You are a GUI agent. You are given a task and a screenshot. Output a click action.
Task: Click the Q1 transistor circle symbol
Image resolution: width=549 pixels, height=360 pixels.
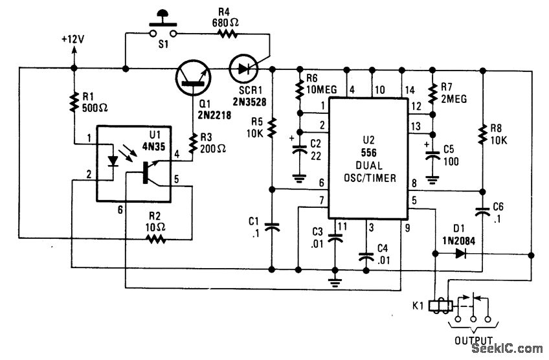click(194, 76)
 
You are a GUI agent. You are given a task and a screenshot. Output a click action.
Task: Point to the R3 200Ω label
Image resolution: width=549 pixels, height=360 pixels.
click(213, 153)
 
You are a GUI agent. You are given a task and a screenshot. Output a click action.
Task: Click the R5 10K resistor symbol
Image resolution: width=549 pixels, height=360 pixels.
click(273, 128)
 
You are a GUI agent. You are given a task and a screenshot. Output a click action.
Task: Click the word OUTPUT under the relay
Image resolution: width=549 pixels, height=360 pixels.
click(474, 339)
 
